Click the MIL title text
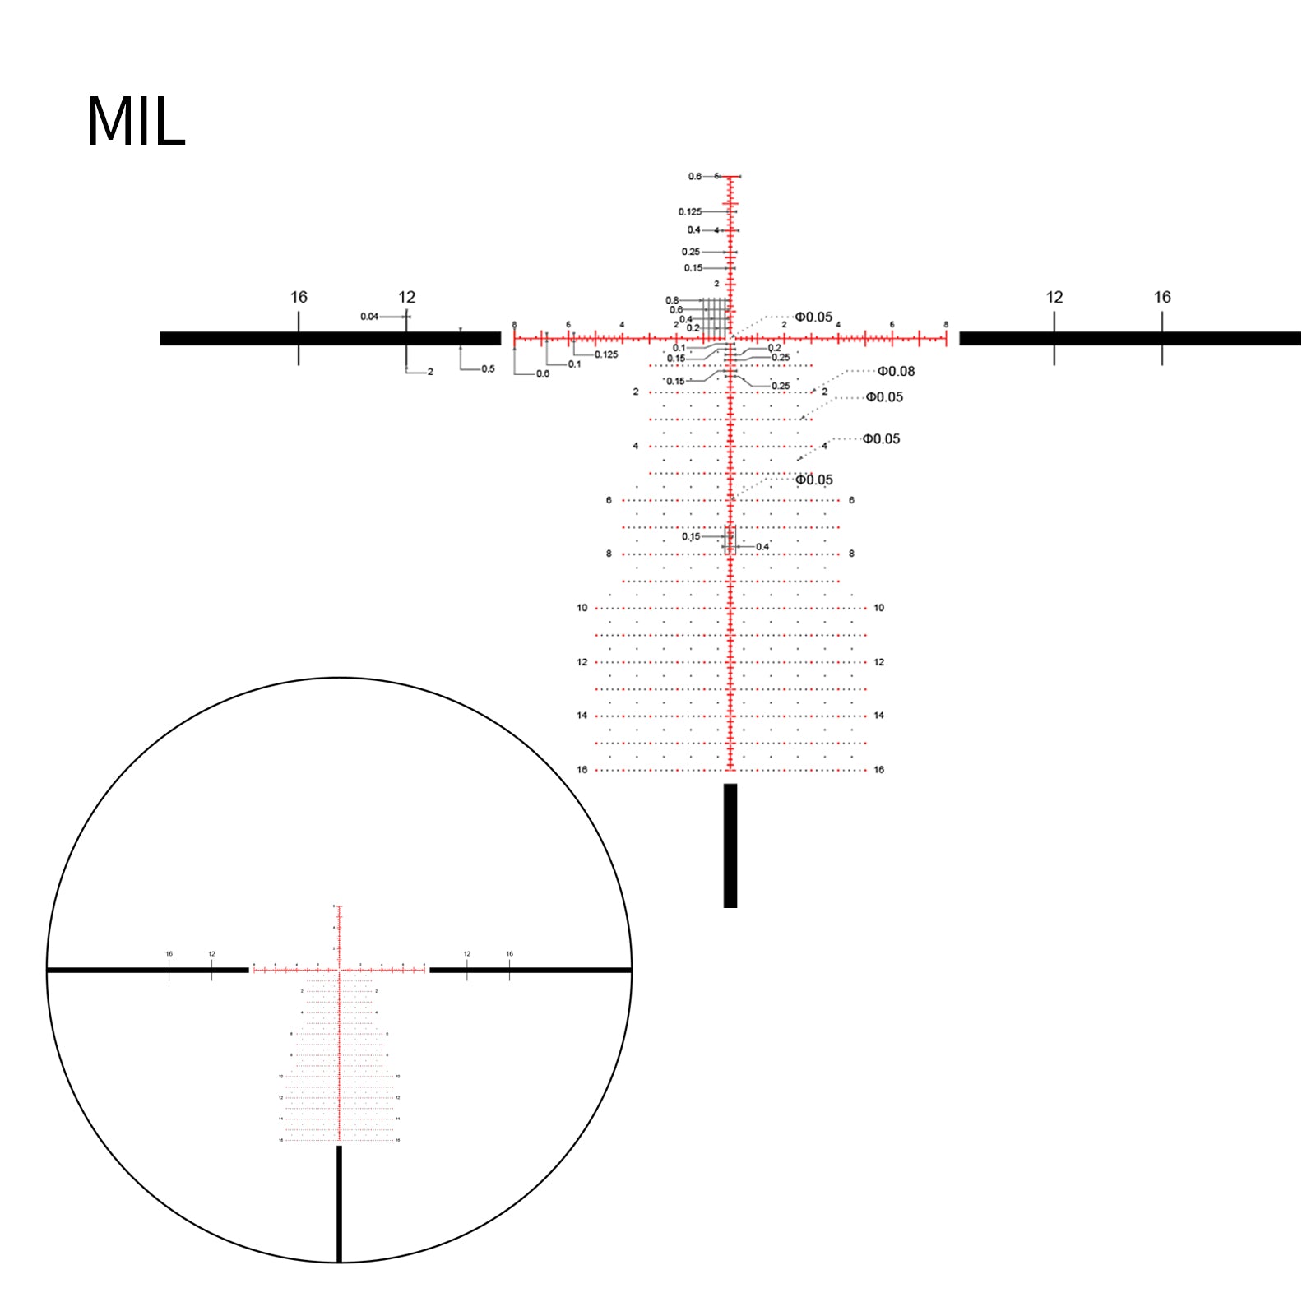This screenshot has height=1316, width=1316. coord(136,122)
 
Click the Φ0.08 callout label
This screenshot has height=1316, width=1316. coord(896,372)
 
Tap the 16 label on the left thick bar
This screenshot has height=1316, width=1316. coord(299,297)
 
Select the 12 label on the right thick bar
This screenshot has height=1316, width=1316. coord(1054,297)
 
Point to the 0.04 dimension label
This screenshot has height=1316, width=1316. coord(369,317)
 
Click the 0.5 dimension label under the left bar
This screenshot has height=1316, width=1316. coord(488,369)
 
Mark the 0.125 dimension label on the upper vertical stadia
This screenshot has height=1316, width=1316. coord(689,212)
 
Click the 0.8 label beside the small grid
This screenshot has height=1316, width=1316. coord(672,300)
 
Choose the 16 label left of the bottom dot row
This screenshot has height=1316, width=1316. coord(582,770)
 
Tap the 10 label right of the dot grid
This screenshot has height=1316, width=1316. coord(878,608)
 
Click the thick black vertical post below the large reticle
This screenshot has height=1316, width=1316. coord(730,846)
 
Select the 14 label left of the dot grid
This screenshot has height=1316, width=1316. coord(582,716)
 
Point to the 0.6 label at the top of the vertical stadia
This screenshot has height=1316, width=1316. coord(695,177)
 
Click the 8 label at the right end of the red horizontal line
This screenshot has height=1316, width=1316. coord(946,325)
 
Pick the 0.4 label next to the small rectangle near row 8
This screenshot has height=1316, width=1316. coord(762,547)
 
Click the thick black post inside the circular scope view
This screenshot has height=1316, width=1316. coord(339,1202)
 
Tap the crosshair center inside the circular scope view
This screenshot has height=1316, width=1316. coord(339,971)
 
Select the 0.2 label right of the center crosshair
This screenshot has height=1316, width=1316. coord(774,348)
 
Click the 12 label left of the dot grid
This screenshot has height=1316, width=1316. coord(582,662)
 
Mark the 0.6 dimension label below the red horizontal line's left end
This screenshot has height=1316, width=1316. coord(543,374)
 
